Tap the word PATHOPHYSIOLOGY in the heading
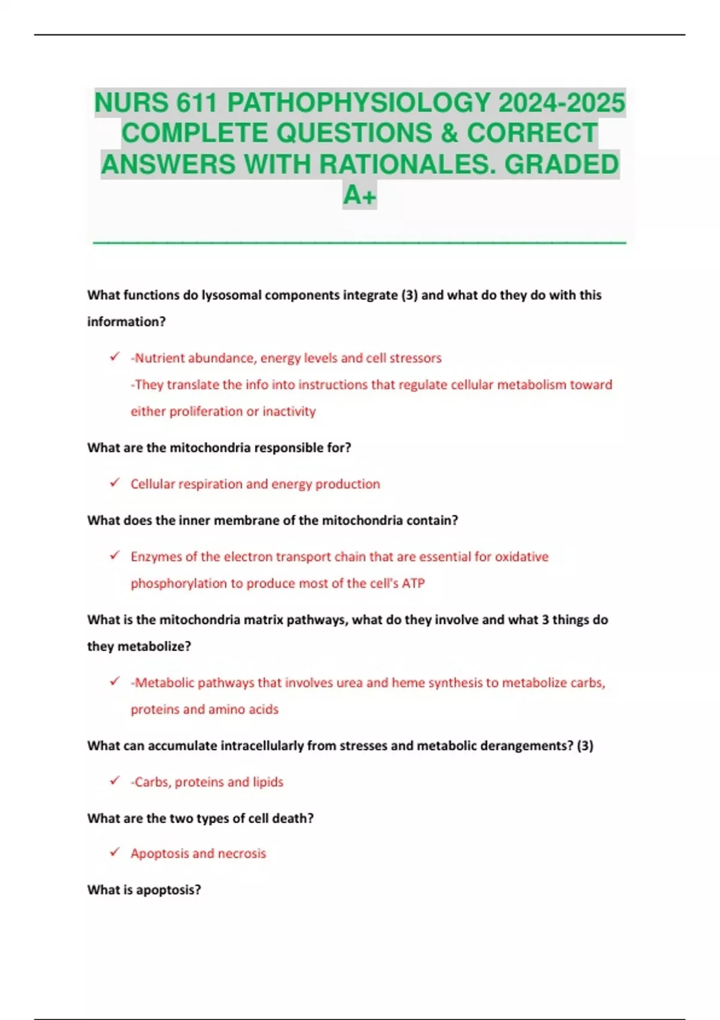(x=358, y=103)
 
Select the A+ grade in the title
(x=359, y=194)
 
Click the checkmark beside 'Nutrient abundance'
(x=115, y=357)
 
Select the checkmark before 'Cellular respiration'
(x=115, y=483)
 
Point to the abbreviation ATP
(x=413, y=583)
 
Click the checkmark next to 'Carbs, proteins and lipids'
(x=115, y=781)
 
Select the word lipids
(x=268, y=782)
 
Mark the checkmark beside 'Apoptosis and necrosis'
(x=115, y=853)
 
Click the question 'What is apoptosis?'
(x=144, y=890)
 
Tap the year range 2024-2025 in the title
(x=562, y=103)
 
